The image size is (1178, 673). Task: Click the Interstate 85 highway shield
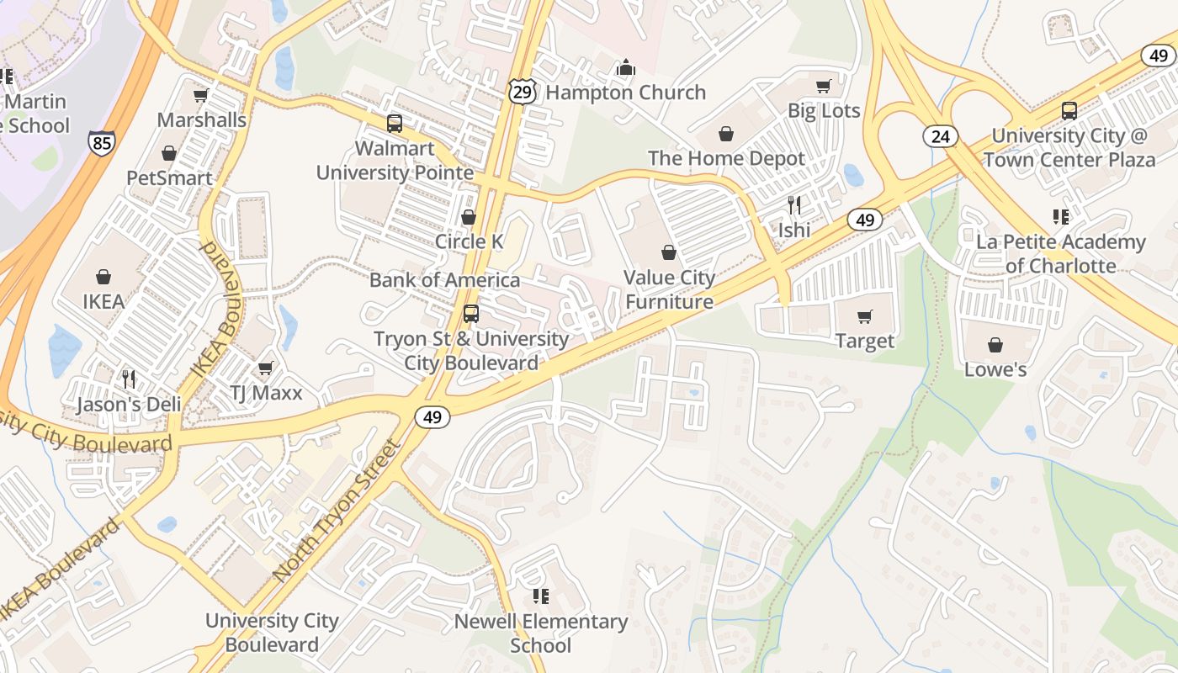(101, 143)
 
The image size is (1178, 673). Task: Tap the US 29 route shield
(522, 92)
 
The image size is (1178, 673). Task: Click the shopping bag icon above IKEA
(103, 277)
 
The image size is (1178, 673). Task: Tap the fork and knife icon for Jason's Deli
(129, 379)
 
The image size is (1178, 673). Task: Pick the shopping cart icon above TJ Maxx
(266, 368)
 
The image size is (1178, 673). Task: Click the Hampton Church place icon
(625, 67)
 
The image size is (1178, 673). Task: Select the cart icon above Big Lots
(824, 86)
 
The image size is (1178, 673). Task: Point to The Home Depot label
(726, 158)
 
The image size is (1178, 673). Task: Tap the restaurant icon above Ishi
(793, 204)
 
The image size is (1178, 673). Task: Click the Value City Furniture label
(669, 289)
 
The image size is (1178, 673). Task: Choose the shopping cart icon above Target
(864, 316)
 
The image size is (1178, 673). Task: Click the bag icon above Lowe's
(995, 345)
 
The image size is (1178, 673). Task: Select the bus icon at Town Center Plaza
(1069, 110)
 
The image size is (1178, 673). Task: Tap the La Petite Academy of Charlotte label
(1060, 254)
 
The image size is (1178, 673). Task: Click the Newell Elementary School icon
(541, 596)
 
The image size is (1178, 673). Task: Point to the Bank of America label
(444, 279)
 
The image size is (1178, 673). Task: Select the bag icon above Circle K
(469, 217)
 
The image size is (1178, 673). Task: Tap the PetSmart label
(169, 178)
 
